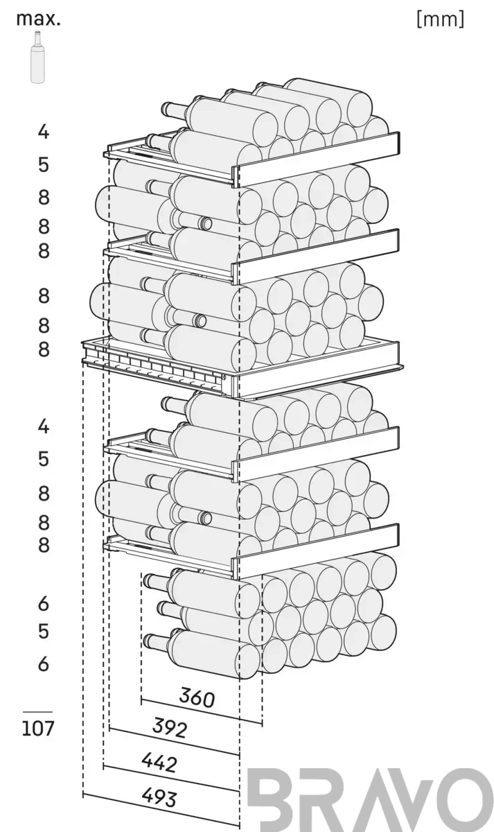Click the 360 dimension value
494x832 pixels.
pos(196,697)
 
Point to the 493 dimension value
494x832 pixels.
pos(159,797)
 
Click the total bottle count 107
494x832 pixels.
pos(38,729)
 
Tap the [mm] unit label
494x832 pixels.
pos(440,19)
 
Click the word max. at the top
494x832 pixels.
pos(38,19)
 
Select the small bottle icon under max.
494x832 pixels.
pos(37,57)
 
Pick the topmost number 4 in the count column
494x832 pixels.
pos(44,132)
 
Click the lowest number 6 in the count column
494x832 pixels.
pos(44,664)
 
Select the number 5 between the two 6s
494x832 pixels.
pos(44,631)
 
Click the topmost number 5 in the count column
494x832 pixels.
pos(44,164)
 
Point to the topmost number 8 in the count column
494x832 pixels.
pos(44,197)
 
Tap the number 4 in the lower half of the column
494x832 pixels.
pos(44,426)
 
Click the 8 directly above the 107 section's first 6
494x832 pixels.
pos(44,545)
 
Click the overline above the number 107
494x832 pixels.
pos(37,712)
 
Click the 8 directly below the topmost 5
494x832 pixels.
pos(44,197)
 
